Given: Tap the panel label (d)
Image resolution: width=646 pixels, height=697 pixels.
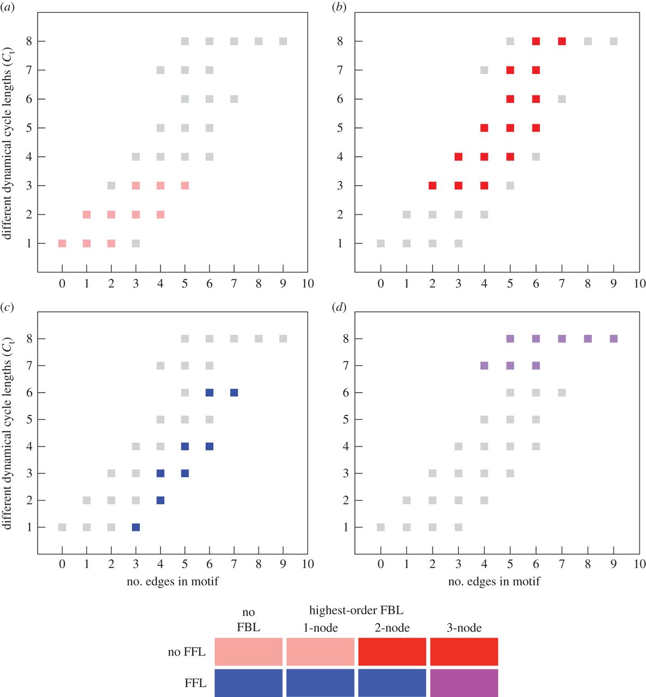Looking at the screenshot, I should pyautogui.click(x=339, y=307).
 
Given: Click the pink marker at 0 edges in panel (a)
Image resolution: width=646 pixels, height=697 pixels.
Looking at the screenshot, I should pyautogui.click(x=62, y=243).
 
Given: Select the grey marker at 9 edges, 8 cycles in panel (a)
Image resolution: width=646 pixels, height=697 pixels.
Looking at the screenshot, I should pyautogui.click(x=283, y=41).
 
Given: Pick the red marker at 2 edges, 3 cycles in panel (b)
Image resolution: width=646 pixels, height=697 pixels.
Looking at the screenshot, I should pyautogui.click(x=432, y=186).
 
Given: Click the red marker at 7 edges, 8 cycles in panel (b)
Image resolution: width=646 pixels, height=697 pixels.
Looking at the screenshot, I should pyautogui.click(x=562, y=41).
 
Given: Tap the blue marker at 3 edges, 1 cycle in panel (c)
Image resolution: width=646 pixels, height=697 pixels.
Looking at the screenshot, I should pyautogui.click(x=136, y=527).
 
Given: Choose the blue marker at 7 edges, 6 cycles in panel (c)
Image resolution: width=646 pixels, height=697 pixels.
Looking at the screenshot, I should pyautogui.click(x=234, y=393).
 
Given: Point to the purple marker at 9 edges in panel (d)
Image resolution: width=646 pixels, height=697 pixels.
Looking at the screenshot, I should pyautogui.click(x=613, y=339).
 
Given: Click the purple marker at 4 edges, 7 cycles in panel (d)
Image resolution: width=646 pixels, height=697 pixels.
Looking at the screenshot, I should pyautogui.click(x=484, y=366).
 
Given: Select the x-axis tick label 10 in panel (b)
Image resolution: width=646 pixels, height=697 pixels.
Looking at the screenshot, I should pyautogui.click(x=639, y=284).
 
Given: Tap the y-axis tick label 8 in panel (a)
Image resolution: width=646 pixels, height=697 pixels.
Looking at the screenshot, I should pyautogui.click(x=29, y=41).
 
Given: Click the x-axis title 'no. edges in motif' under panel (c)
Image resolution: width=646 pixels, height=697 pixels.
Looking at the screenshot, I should pyautogui.click(x=173, y=582).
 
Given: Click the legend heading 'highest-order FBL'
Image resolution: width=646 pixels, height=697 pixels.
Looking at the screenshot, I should pyautogui.click(x=356, y=610).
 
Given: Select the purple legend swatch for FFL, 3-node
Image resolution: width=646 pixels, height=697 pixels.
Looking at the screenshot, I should pyautogui.click(x=464, y=683).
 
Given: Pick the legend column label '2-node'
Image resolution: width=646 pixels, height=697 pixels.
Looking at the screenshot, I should pyautogui.click(x=392, y=628).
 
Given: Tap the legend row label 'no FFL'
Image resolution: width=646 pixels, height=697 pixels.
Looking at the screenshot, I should pyautogui.click(x=187, y=652).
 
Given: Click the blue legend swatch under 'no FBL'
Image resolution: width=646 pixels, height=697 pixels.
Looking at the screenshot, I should pyautogui.click(x=248, y=683).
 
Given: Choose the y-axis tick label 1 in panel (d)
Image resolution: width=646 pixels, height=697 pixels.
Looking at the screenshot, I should pyautogui.click(x=345, y=528).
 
